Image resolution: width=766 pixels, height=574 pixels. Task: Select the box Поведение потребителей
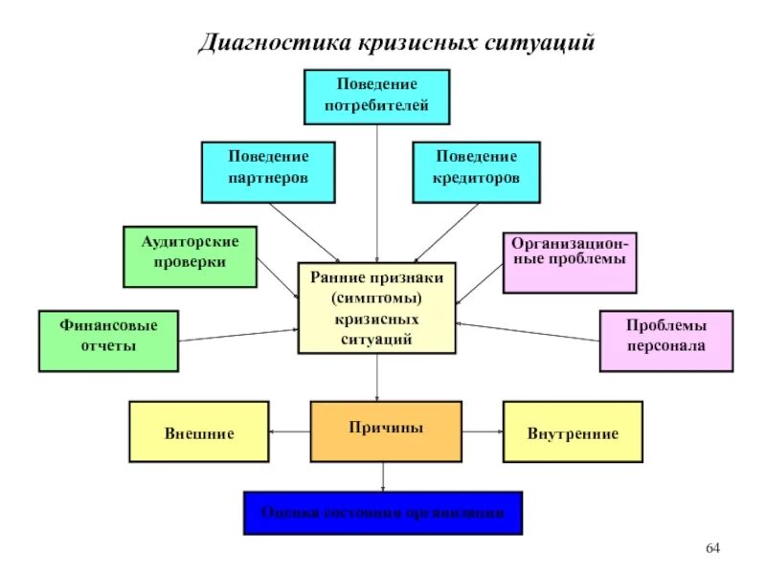tap(376, 96)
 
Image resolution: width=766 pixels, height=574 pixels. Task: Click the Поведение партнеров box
tap(268, 172)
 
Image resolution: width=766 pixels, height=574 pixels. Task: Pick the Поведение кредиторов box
tap(476, 172)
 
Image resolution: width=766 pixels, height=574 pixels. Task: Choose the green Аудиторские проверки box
tap(190, 255)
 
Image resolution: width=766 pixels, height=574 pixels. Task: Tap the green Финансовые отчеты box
tap(107, 341)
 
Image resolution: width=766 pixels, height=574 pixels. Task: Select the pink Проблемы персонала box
tap(666, 341)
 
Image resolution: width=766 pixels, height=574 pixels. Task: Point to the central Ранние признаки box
tap(376, 307)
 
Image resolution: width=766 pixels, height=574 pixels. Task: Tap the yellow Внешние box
tap(198, 431)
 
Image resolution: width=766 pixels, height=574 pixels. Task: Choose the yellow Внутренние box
tap(573, 431)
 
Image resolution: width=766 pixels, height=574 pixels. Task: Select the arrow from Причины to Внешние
tap(290, 432)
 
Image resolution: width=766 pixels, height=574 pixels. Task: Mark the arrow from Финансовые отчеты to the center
tap(238, 335)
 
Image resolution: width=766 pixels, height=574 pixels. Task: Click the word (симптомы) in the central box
tap(376, 298)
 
